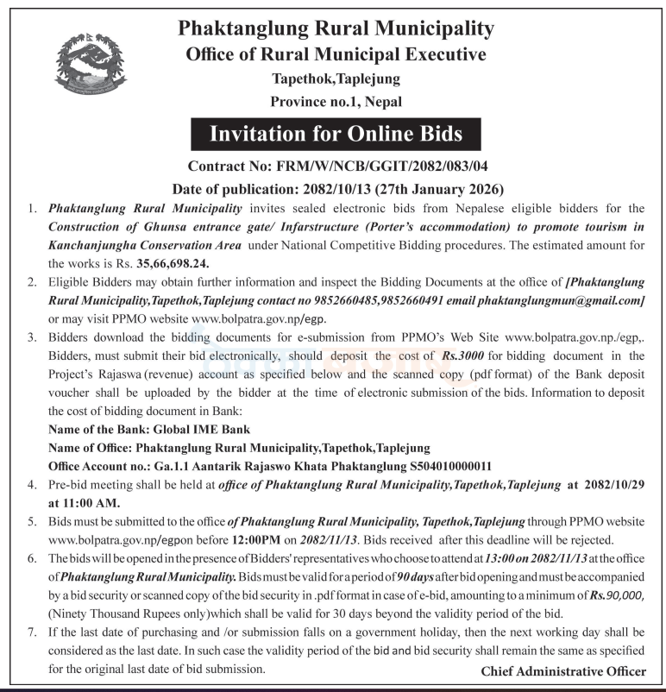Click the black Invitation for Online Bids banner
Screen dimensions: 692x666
pos(336,134)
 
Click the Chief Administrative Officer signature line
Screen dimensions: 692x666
pos(563,670)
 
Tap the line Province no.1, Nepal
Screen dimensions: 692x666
pos(336,102)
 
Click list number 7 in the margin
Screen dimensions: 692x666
pos(33,633)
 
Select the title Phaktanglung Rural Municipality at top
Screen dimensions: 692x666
pos(336,28)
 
